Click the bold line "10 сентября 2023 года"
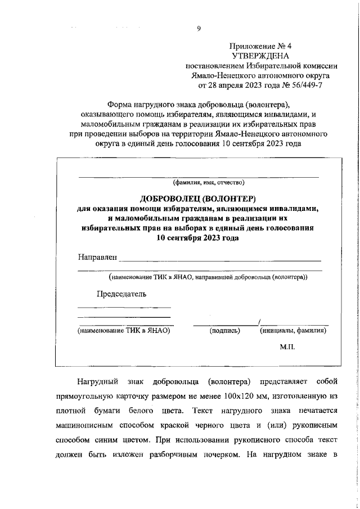[x=198, y=237]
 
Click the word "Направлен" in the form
[x=97, y=258]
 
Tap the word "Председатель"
[x=121, y=294]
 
